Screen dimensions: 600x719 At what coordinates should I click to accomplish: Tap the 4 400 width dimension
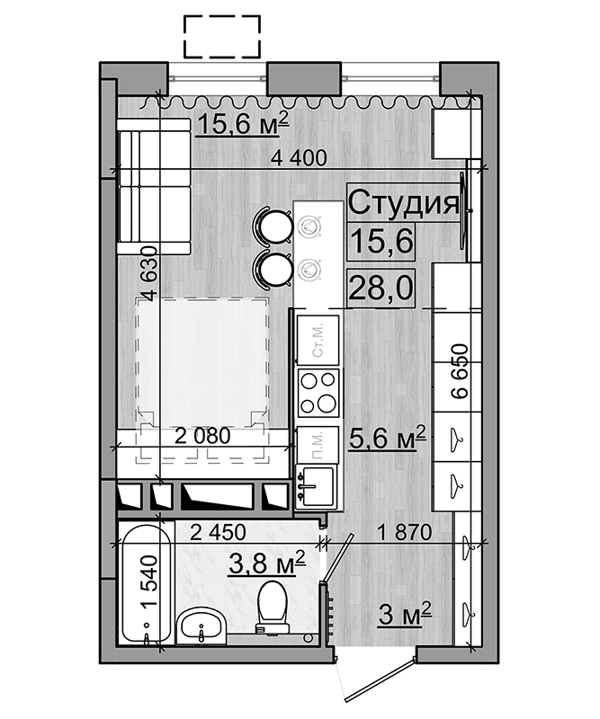coord(299,158)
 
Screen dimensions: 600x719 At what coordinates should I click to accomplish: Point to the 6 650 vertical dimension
coord(460,371)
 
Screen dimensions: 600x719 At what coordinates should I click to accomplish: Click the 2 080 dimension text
coord(202,436)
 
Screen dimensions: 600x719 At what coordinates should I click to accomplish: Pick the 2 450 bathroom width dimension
coord(218,532)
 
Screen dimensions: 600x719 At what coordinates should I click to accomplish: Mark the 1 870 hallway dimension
coord(405,532)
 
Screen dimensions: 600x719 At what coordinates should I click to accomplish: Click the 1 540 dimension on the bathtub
coord(149,581)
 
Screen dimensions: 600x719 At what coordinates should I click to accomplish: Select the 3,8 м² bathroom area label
coord(267,563)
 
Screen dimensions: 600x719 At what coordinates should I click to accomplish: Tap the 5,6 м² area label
coord(388,438)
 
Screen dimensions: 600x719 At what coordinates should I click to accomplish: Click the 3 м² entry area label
coord(405,615)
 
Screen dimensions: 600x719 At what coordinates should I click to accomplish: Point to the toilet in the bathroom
coord(273,608)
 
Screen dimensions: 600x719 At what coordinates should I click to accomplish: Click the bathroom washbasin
coord(201,626)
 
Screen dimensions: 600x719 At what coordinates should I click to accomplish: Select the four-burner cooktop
coord(318,393)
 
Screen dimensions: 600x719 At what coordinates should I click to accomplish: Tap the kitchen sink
coord(316,486)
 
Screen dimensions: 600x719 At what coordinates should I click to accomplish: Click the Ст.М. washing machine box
coord(318,341)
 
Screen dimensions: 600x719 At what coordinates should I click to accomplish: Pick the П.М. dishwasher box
coord(318,444)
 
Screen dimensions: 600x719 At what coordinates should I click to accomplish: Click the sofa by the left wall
coord(154,186)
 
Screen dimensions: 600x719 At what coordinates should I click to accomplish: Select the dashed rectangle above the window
coord(222,37)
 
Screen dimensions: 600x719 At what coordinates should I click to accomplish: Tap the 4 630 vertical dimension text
coord(149,273)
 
